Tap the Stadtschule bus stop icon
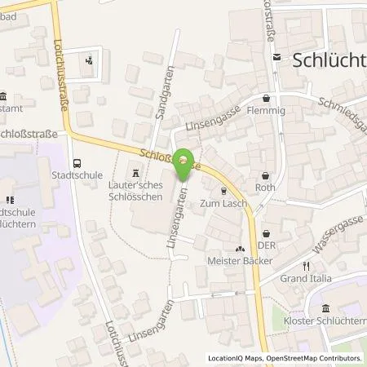click(x=77, y=162)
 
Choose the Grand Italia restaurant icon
click(x=307, y=266)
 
